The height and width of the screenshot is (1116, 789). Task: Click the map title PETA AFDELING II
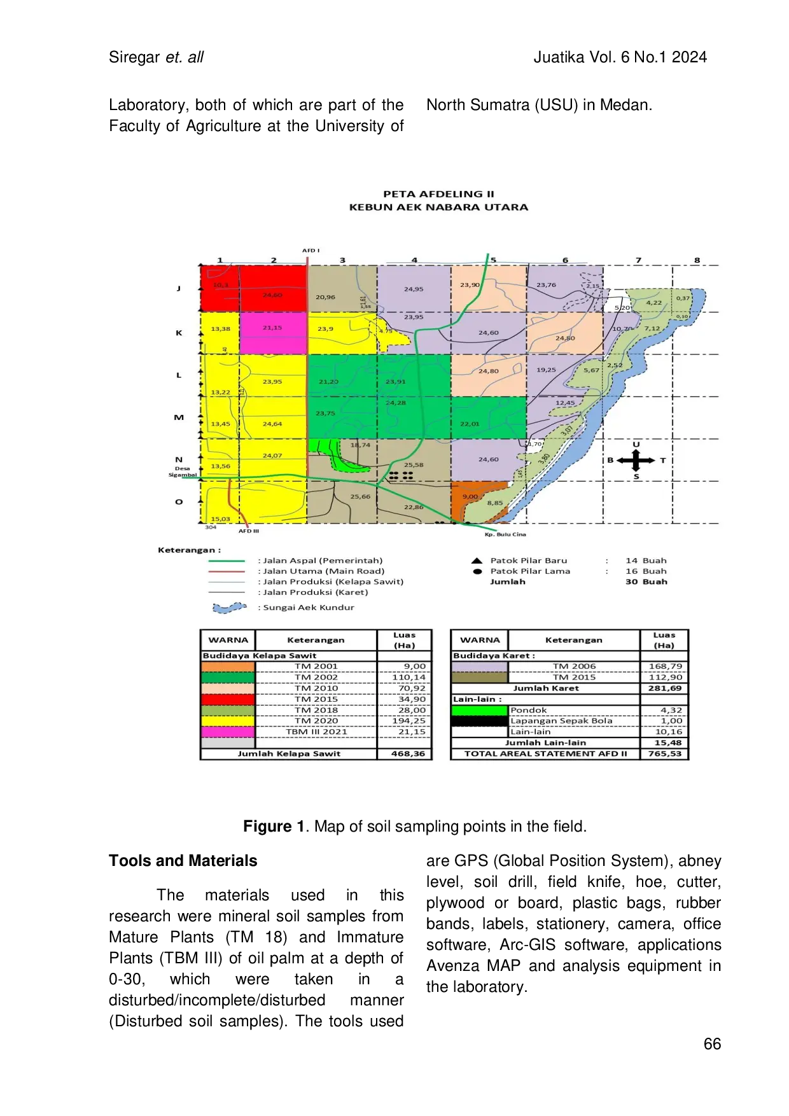[x=438, y=194]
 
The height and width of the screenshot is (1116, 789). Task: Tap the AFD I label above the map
[x=311, y=251]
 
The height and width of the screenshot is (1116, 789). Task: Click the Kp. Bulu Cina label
[x=505, y=534]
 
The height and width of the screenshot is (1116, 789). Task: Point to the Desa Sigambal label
[x=183, y=471]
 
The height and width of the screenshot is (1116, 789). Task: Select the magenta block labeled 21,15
[x=273, y=333]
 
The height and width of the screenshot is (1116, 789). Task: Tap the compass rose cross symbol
[x=636, y=460]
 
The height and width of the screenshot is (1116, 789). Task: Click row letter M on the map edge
[x=179, y=417]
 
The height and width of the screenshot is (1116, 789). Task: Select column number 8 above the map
[x=697, y=260]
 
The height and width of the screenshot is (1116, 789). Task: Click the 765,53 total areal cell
[x=664, y=753]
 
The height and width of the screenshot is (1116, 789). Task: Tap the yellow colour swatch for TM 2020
[x=228, y=721]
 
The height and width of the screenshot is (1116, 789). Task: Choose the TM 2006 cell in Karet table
[x=574, y=666]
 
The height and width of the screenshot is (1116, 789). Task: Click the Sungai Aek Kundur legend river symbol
[x=229, y=608]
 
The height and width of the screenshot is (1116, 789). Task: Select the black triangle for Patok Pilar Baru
[x=477, y=561]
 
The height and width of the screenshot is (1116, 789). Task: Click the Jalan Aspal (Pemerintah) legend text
[x=323, y=561]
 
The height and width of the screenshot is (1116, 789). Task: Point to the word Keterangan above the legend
[x=189, y=550]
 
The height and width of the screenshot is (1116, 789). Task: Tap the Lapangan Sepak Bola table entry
[x=561, y=721]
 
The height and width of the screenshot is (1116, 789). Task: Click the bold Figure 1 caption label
[x=274, y=827]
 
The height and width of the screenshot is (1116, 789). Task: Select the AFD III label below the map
[x=249, y=531]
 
